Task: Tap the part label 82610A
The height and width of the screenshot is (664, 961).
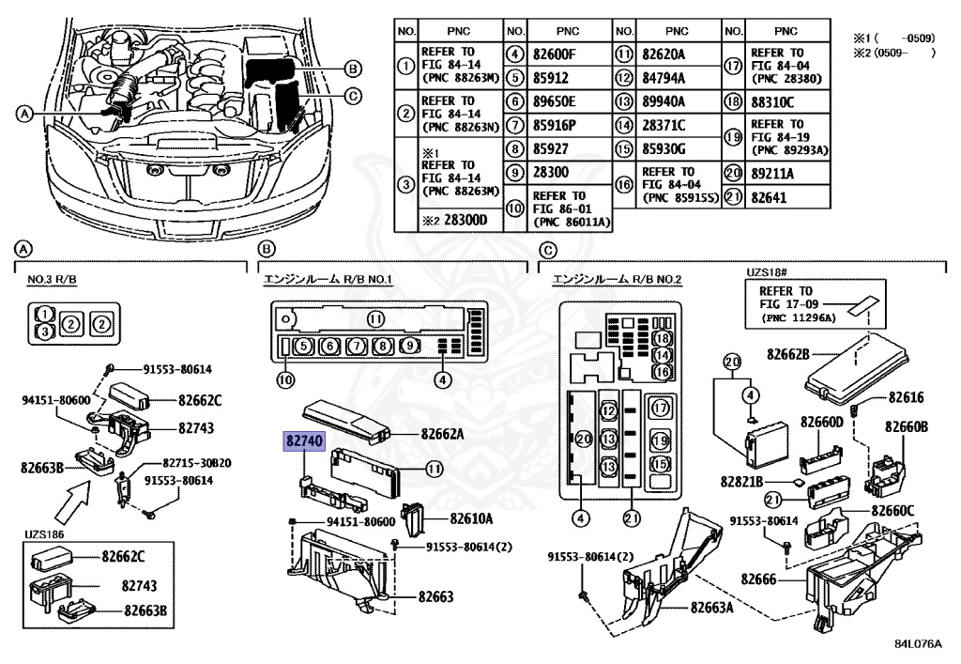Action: pyautogui.click(x=471, y=517)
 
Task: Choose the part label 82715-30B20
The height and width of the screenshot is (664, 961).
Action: pyautogui.click(x=197, y=463)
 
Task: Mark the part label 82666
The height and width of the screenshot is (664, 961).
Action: pyautogui.click(x=755, y=579)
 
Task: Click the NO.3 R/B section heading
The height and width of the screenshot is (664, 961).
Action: pyautogui.click(x=53, y=280)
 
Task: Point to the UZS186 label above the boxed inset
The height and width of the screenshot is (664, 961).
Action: pyautogui.click(x=45, y=534)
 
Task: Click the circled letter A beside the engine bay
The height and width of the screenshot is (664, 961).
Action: pyautogui.click(x=24, y=114)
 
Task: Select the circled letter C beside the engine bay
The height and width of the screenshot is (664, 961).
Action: pyautogui.click(x=352, y=95)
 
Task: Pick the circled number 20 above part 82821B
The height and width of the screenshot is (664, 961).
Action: pyautogui.click(x=732, y=362)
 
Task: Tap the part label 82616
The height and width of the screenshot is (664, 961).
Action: pyautogui.click(x=907, y=398)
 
